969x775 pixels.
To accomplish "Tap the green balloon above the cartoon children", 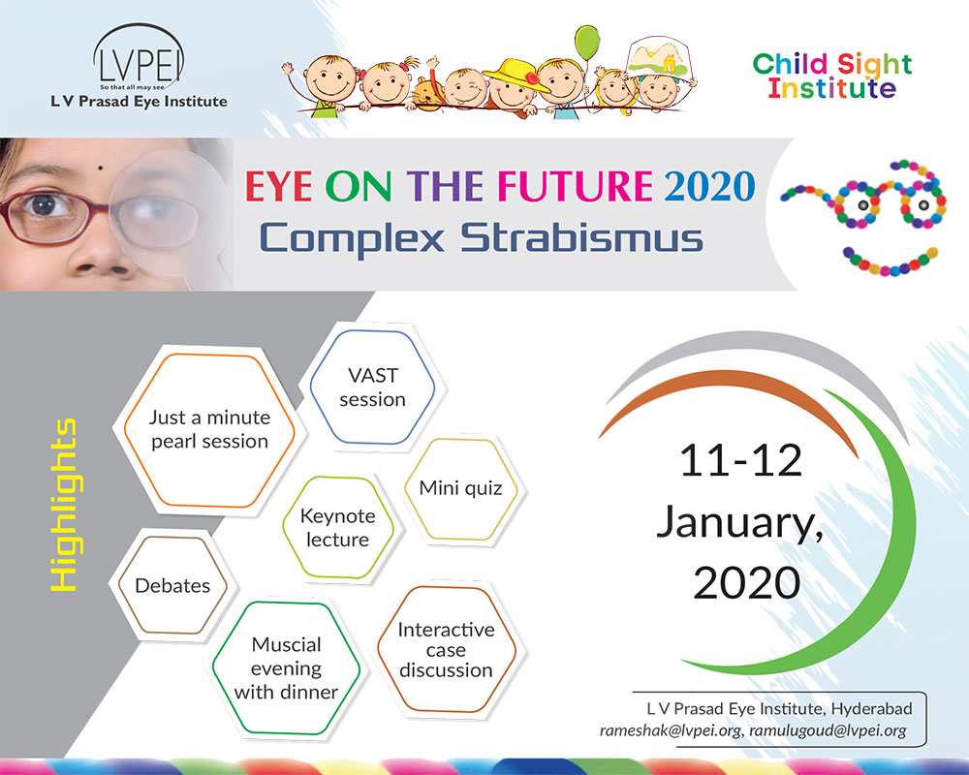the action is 587,43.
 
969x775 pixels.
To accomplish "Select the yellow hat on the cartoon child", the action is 516,75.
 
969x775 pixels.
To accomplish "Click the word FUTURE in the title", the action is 575,186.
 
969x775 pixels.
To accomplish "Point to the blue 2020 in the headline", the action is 709,186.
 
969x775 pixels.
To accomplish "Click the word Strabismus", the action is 581,238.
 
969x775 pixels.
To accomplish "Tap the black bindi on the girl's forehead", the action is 100,168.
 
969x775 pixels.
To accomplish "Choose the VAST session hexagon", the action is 372,387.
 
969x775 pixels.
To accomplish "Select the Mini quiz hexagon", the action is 461,489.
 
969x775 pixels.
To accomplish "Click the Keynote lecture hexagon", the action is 338,527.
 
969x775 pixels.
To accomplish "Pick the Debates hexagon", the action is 172,585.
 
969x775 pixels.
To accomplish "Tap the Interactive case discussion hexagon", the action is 446,649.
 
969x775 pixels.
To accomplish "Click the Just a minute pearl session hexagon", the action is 209,430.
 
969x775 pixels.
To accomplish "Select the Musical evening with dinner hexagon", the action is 286,668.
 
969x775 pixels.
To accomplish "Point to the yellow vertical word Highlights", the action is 63,505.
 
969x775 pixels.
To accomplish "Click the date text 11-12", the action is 740,461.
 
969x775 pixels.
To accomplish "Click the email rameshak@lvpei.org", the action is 671,730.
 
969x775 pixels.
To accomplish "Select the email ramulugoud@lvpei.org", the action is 828,730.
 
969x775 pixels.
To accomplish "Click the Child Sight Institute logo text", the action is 831,76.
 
